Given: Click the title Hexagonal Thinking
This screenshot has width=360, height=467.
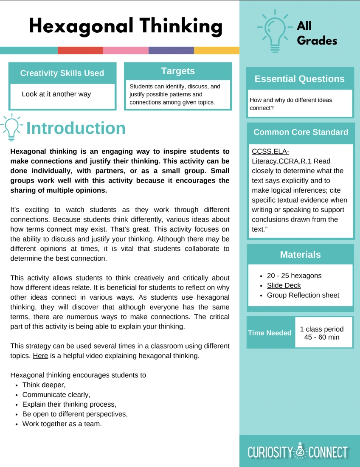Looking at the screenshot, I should tap(126, 26).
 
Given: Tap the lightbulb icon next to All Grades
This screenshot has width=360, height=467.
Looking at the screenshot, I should tap(273, 31).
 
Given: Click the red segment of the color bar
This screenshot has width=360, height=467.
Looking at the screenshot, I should tap(80, 51).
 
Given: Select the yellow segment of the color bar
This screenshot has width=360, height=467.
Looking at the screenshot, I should tap(217, 51).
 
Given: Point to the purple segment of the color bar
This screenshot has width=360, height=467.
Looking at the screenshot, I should tap(171, 51).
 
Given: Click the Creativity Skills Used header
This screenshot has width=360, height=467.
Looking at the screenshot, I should tap(62, 73).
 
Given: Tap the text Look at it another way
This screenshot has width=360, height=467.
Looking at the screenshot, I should tap(56, 94).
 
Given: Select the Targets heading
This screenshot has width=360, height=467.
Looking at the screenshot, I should tap(178, 71).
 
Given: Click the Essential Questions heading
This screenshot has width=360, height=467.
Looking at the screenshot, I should tap(300, 79).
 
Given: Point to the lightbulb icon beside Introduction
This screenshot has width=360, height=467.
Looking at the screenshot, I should tap(12, 127).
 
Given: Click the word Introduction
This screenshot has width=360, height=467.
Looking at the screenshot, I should tap(76, 128).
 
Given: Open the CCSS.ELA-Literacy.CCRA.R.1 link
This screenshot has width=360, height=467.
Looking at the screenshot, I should tap(281, 156).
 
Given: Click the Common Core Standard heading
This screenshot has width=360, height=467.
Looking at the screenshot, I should tap(301, 132).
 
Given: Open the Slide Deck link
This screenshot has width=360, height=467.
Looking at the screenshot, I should tap(284, 285).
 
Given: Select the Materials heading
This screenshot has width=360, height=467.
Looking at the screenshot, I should tap(300, 254).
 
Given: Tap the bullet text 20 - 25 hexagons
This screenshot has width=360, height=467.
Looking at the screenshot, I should tap(294, 276).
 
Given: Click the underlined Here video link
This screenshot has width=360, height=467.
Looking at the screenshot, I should tap(40, 355).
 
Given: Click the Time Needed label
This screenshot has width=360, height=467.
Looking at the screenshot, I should tap(270, 333).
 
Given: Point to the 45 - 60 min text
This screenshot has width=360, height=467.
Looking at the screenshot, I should tap(322, 337).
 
